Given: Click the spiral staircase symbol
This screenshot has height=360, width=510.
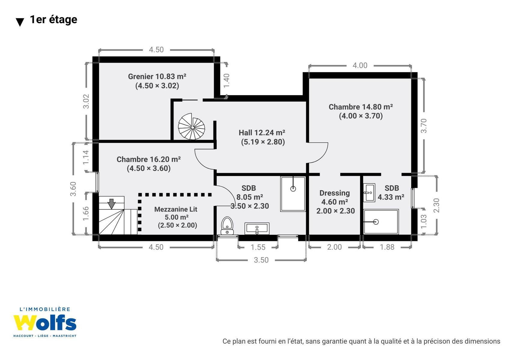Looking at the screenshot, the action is tap(192, 127).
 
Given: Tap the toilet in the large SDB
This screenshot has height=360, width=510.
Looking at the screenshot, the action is tap(227, 226).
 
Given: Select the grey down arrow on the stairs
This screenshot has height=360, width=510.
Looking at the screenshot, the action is tap(111, 204).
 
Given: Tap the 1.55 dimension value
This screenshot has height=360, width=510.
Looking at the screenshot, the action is tap(258, 247).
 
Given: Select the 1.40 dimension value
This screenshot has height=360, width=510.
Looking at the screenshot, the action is tap(227, 81).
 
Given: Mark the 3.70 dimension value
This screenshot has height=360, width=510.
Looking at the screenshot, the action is tap(424, 126).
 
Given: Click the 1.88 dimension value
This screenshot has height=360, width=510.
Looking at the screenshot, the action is tap(387, 247).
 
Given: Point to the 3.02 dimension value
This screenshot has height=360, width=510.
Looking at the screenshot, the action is tap(86, 101).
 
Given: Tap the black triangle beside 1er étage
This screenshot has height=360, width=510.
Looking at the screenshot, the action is tap(20, 22).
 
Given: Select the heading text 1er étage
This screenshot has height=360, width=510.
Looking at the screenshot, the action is tap(53, 19).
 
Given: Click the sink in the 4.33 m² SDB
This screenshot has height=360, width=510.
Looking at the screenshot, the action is tap(369, 193).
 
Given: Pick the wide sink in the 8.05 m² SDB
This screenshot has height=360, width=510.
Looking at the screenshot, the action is tap(257, 229).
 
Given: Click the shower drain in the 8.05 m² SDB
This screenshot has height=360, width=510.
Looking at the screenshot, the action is tap(293, 189).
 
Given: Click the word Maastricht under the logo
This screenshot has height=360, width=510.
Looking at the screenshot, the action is tap(65, 336).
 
